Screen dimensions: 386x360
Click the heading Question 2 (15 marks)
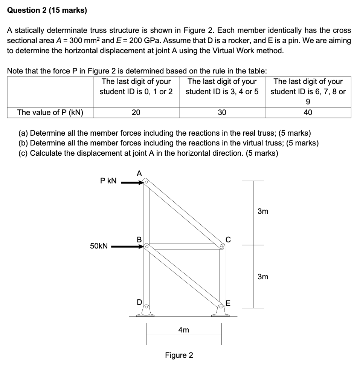tap(47, 11)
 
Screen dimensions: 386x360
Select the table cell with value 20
tap(136, 112)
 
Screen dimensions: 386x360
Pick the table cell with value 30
tap(222, 112)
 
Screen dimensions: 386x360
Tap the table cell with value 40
tap(308, 112)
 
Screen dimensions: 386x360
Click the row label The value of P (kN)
tap(50, 112)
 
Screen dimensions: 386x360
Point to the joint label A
tap(139, 173)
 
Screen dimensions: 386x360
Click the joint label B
tap(139, 239)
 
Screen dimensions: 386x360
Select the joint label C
tap(227, 239)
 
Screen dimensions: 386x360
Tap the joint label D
tap(139, 302)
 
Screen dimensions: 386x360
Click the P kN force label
tap(108, 181)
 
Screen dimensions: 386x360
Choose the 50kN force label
tap(99, 246)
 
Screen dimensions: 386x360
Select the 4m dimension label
tap(183, 330)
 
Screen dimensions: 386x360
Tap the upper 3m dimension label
tap(263, 211)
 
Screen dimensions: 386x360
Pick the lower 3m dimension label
tap(263, 277)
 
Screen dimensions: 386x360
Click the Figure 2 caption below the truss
tap(179, 355)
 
